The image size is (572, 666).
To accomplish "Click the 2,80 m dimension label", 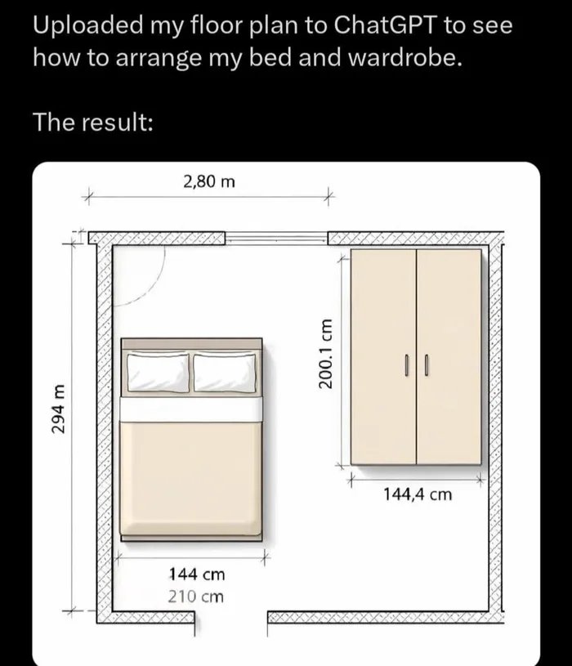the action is click(209, 181).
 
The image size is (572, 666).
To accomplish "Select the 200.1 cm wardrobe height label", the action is click(326, 353).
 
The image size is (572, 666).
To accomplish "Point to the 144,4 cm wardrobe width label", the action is click(418, 494).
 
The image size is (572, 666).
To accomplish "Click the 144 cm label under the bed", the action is click(197, 574).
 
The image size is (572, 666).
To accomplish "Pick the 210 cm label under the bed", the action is click(195, 597).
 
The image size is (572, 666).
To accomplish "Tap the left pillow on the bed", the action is click(159, 373).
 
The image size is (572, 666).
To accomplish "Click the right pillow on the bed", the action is click(225, 373).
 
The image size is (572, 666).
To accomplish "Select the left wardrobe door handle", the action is click(407, 365).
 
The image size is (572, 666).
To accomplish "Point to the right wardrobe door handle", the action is click(427, 365).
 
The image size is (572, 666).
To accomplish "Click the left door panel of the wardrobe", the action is click(383, 357).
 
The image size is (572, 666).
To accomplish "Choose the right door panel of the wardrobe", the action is click(449, 357).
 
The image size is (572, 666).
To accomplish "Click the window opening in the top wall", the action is click(276, 238).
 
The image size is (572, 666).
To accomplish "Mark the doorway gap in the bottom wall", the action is click(231, 618).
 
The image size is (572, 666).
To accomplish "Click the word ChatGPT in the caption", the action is click(385, 25).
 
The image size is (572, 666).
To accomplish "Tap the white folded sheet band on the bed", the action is click(191, 409).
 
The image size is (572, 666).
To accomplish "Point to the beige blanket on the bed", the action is click(190, 479).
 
